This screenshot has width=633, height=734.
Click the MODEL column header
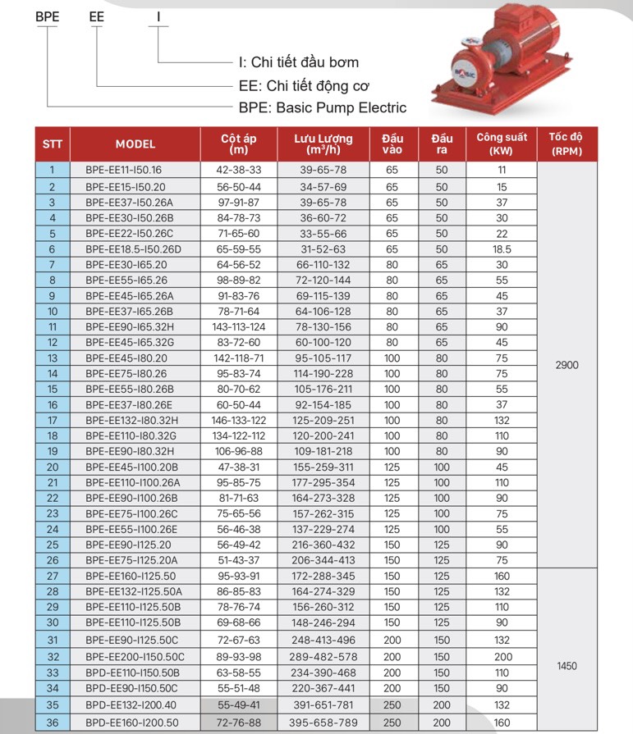[135, 144]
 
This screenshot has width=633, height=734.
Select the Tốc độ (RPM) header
[567, 144]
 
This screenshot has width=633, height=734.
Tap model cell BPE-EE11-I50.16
[123, 171]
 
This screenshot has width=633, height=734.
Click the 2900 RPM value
[567, 365]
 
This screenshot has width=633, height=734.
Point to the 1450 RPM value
[567, 666]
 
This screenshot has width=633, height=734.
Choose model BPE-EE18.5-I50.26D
[133, 248]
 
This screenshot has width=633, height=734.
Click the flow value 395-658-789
[323, 723]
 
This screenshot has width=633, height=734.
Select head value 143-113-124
[239, 326]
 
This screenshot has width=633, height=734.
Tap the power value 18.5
[502, 248]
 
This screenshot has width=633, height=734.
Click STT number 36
[53, 723]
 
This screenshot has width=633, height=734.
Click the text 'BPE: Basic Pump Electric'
[322, 107]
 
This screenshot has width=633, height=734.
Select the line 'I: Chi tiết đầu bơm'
[298, 62]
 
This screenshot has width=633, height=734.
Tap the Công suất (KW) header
[502, 144]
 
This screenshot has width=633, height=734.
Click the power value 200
[502, 657]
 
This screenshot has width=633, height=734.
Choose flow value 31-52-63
[323, 248]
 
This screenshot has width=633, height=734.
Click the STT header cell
[53, 144]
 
